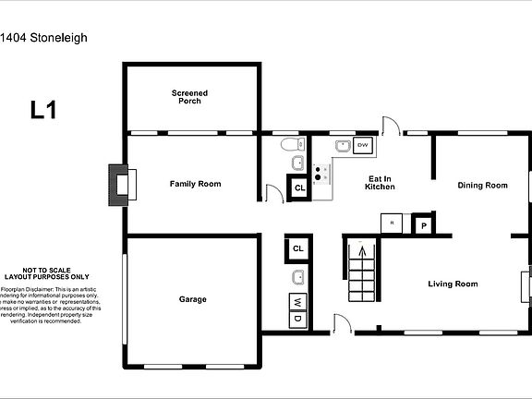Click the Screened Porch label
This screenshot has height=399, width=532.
(189, 96)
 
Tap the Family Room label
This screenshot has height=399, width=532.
(195, 184)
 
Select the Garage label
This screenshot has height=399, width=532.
(192, 299)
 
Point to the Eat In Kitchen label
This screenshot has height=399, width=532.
(381, 183)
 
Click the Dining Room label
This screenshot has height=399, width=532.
(483, 185)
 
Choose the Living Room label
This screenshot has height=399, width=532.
(453, 284)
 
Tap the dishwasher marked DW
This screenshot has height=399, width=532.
(363, 146)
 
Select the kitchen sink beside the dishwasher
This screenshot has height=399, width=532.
(343, 146)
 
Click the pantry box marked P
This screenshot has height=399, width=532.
(425, 224)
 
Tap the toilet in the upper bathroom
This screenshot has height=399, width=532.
(290, 144)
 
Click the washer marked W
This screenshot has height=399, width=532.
(297, 303)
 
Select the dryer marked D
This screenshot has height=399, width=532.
(297, 319)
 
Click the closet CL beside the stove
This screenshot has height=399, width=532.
(298, 188)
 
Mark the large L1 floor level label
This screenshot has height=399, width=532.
(43, 111)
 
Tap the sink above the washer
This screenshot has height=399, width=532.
(297, 277)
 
